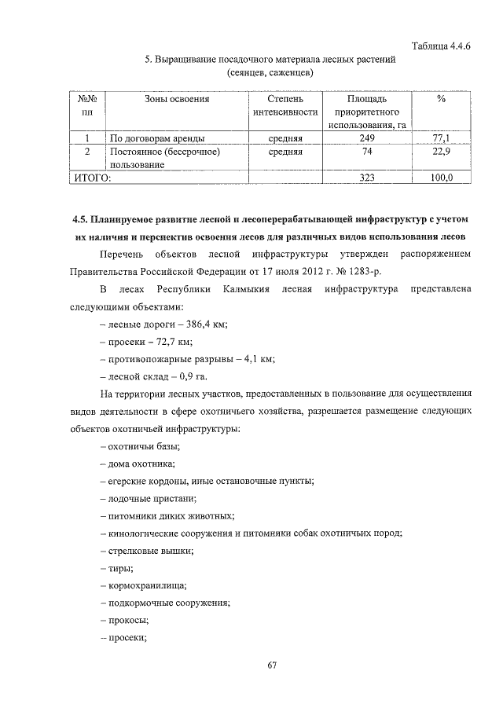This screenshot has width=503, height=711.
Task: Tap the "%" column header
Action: (x=442, y=100)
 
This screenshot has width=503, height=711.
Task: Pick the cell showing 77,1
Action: (x=442, y=138)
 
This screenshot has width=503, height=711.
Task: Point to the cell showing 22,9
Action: (x=442, y=152)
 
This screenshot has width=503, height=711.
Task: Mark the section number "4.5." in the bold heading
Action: (x=78, y=219)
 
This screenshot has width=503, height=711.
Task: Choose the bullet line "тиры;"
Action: (x=117, y=568)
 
